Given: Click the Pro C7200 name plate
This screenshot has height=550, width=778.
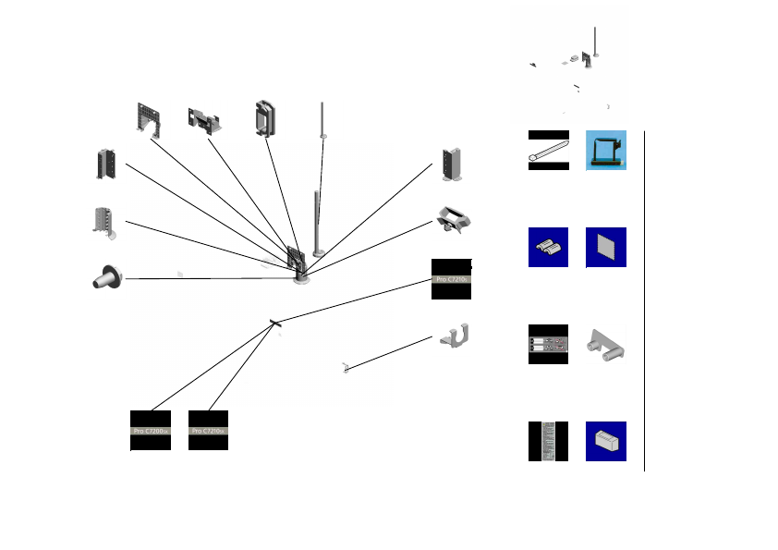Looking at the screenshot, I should point(151,430).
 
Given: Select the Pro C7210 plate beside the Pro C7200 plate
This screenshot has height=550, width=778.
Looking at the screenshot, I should point(208,430).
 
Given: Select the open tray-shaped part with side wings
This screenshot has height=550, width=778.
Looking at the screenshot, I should point(455,219).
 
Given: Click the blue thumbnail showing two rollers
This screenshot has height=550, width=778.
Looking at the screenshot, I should point(548,247).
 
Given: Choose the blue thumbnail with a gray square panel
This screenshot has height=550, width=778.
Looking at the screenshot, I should point(606,247).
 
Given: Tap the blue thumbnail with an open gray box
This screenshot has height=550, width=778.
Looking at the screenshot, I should point(606,441).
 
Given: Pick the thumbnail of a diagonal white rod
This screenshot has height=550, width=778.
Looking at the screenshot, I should point(548,150).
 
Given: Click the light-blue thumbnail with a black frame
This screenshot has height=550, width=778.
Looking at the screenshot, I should point(606,150).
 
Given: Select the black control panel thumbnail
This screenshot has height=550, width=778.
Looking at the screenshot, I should point(548,344).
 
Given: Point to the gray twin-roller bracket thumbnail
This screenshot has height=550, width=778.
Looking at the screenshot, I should point(606,344).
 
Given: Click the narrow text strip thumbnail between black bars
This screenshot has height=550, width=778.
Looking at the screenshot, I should point(548,441).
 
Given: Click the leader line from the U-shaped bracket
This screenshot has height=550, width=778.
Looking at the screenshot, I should point(388,353).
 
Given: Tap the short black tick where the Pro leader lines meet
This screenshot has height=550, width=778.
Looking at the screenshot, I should point(274,323).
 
